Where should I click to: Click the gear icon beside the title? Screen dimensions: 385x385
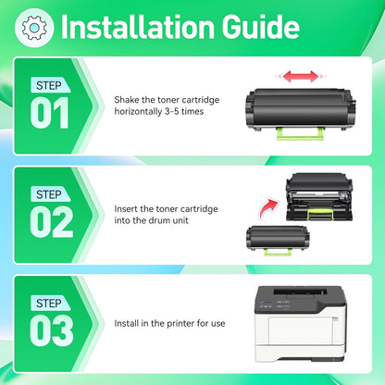pyautogui.click(x=33, y=28)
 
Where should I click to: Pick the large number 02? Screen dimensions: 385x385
pyautogui.click(x=50, y=222)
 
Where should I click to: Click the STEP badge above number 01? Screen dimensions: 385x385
pyautogui.click(x=48, y=86)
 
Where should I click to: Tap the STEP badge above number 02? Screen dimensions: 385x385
pyautogui.click(x=48, y=193)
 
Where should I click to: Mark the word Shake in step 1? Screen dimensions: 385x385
pyautogui.click(x=127, y=99)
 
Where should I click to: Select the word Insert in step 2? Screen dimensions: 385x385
pyautogui.click(x=127, y=210)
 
